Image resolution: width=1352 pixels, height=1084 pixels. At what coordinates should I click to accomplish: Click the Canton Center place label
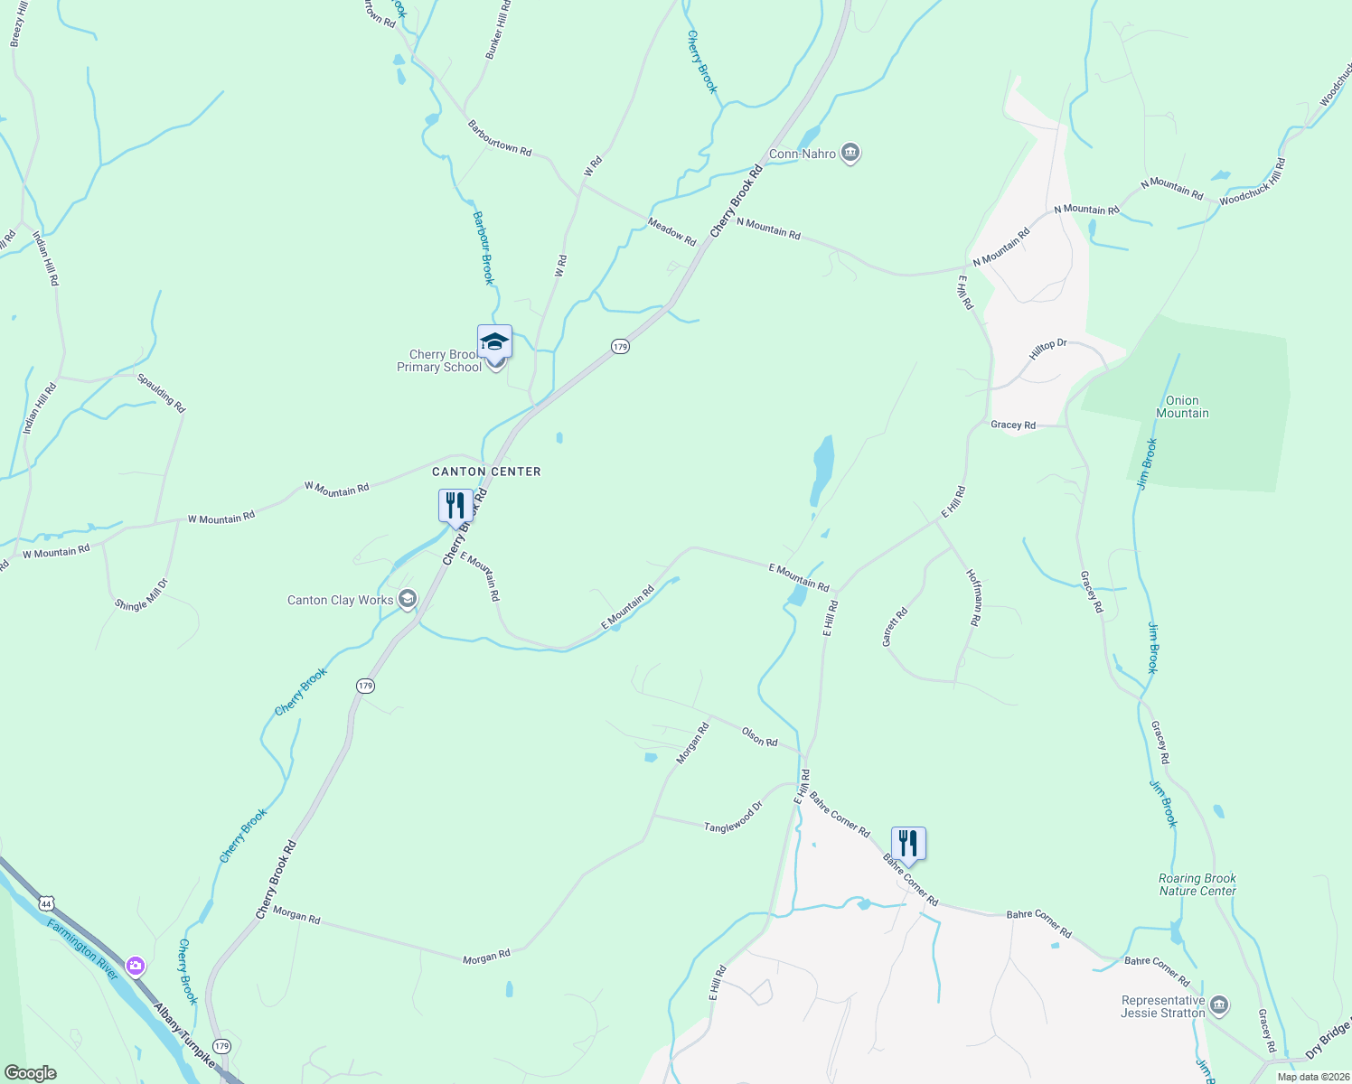tap(486, 472)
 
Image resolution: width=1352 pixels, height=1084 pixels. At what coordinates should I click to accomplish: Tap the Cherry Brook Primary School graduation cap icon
tap(494, 342)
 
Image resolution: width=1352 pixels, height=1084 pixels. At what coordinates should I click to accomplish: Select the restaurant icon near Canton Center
tap(455, 505)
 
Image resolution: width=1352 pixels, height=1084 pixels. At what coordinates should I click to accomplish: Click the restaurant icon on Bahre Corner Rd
tap(908, 843)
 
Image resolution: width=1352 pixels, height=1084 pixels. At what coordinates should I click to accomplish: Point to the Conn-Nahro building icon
tap(850, 153)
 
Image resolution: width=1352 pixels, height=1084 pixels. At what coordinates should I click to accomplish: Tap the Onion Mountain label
tap(1182, 406)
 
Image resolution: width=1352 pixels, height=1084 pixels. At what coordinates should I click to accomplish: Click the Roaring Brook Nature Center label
tap(1197, 884)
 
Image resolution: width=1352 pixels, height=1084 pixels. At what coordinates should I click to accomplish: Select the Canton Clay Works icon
tap(408, 599)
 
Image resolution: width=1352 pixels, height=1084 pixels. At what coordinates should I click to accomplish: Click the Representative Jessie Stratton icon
tap(1219, 1005)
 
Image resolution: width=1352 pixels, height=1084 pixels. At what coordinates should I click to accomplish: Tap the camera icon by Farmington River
tap(135, 967)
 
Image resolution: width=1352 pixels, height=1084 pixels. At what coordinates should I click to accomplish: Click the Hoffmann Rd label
tap(973, 597)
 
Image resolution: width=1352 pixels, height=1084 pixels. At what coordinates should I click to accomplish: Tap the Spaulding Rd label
tap(162, 393)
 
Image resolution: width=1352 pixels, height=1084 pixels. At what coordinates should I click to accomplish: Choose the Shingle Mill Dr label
tap(142, 594)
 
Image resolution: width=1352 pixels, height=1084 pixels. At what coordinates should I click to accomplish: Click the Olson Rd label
tap(759, 736)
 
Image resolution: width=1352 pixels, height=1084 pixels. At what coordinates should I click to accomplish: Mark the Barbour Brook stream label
tap(484, 248)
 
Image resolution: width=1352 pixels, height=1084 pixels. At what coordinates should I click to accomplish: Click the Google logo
tap(30, 1073)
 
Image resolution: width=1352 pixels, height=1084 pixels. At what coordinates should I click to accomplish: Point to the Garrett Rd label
tap(894, 627)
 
